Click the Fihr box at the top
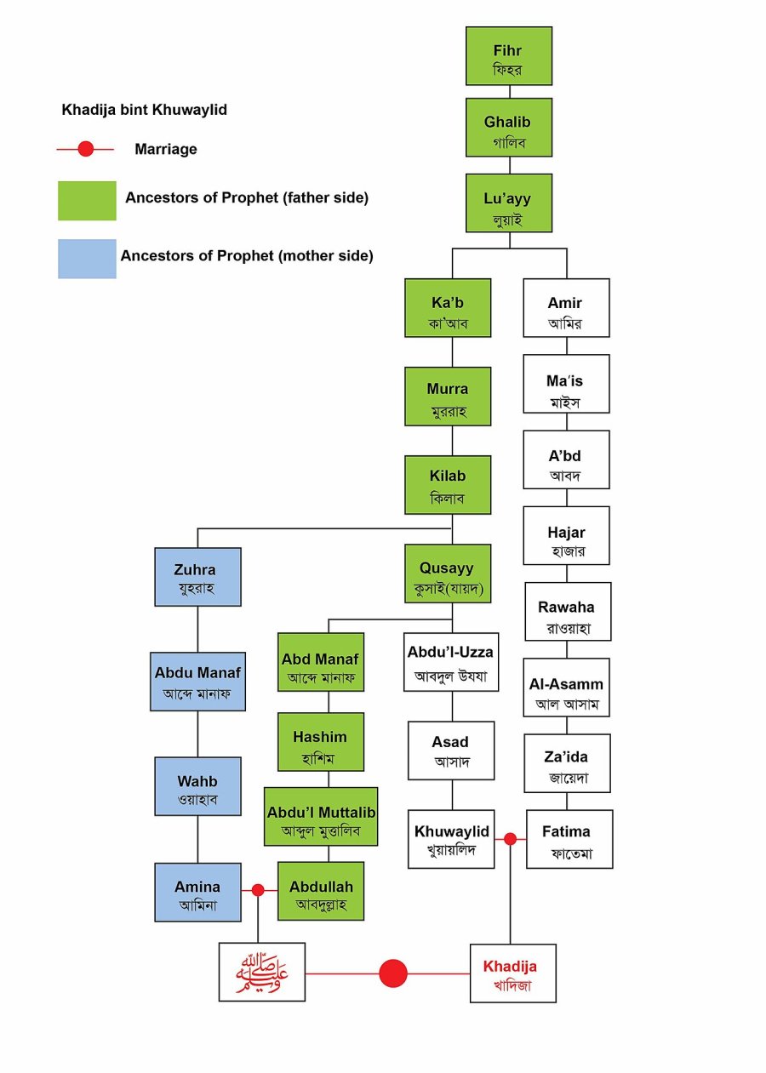click(x=509, y=56)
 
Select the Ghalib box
click(x=509, y=128)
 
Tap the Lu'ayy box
click(x=509, y=203)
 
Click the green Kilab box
click(x=448, y=485)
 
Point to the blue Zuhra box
click(x=197, y=577)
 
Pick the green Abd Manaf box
click(x=321, y=662)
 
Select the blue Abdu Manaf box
click(x=197, y=682)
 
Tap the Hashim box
click(x=321, y=742)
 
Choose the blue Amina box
click(x=197, y=892)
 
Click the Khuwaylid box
click(x=451, y=839)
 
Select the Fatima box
click(x=569, y=839)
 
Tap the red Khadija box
click(x=513, y=973)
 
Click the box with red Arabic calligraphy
click(x=262, y=972)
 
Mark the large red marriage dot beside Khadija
click(x=393, y=973)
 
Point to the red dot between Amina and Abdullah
click(x=258, y=890)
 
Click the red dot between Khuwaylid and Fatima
click(x=510, y=839)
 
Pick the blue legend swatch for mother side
click(x=87, y=259)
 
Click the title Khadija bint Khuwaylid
click(x=144, y=110)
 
